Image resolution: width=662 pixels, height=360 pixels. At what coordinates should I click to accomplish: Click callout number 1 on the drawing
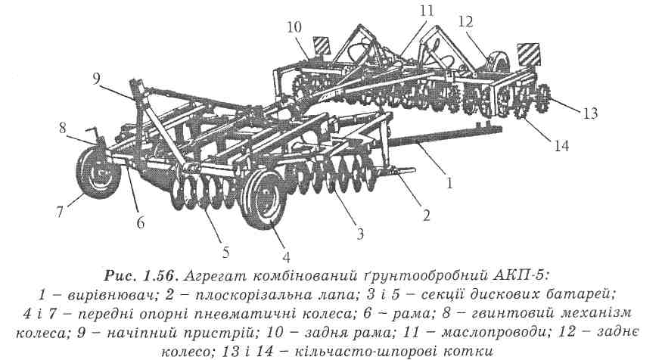[449, 182]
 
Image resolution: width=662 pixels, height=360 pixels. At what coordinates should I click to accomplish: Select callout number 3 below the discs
[360, 234]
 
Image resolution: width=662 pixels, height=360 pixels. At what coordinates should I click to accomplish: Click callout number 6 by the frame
[141, 223]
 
